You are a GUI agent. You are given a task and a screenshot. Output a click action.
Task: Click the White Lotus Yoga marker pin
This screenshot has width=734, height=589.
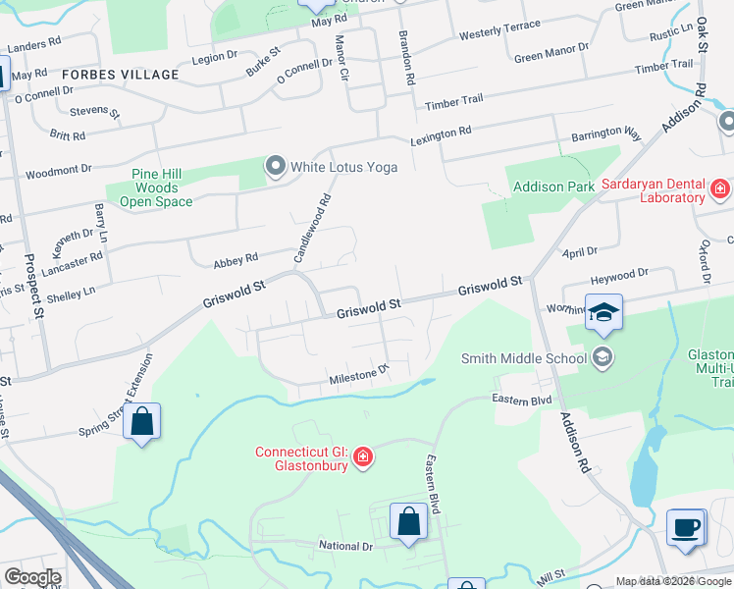[x=276, y=167]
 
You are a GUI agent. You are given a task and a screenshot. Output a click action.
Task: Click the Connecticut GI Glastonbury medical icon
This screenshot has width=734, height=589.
[x=363, y=457]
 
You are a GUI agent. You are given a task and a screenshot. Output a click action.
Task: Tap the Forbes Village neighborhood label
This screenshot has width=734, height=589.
[x=120, y=75]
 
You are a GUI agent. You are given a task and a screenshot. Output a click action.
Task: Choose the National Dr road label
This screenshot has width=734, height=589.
[x=345, y=546]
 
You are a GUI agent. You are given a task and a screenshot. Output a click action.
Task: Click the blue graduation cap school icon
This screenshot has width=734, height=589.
[x=603, y=313]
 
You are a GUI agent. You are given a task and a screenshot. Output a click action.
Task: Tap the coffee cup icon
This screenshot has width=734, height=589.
[x=686, y=527]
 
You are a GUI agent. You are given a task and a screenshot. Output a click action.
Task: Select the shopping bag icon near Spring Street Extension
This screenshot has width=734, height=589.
[x=141, y=422]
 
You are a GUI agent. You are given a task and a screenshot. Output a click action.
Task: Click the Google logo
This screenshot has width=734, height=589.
[x=33, y=577]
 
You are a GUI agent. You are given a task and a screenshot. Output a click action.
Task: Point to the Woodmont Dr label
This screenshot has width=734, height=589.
[x=58, y=172]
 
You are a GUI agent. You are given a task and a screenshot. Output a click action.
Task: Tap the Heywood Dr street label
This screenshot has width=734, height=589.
[x=621, y=274]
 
